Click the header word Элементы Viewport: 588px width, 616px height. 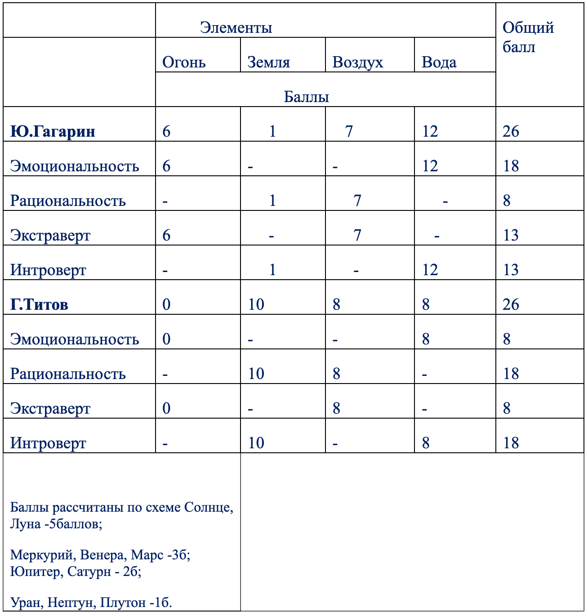tap(236, 28)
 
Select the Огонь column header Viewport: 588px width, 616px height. tap(184, 62)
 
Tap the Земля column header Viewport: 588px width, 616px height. tap(269, 62)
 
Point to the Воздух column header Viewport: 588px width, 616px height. tap(358, 62)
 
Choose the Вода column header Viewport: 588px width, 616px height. tap(439, 62)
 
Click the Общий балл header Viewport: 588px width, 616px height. tap(528, 37)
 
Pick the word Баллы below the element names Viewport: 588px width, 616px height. tap(307, 97)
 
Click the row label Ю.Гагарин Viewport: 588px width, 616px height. tap(53, 131)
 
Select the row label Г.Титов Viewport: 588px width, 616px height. tap(40, 304)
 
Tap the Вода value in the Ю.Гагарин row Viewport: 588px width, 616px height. tap(430, 131)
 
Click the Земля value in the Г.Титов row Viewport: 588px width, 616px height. tap(256, 304)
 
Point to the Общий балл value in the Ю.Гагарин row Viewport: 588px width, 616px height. tap(511, 131)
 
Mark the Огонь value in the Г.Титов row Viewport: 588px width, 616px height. tap(166, 304)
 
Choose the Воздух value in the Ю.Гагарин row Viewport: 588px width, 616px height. tap(349, 131)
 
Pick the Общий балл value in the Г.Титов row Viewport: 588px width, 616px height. tap(511, 304)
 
